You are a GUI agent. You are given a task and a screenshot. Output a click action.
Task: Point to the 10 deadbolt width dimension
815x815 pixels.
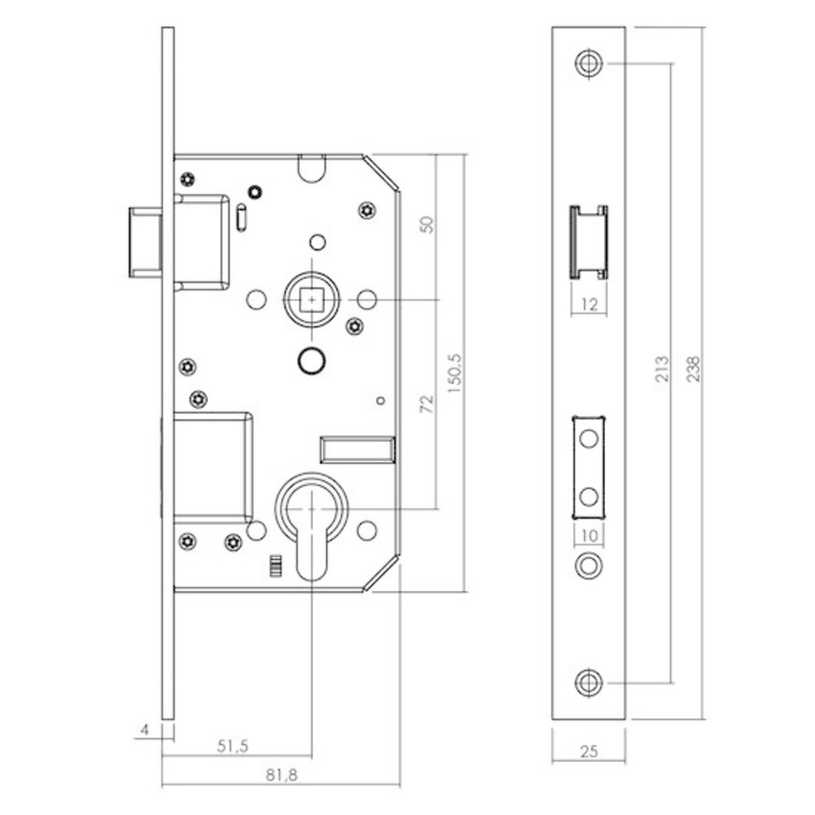[588, 535]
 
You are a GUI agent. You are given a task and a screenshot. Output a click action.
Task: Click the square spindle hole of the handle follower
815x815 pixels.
[312, 301]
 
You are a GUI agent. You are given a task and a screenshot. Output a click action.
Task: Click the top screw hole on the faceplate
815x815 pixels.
[588, 63]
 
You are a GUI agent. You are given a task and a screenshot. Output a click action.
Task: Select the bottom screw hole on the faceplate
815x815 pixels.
[588, 683]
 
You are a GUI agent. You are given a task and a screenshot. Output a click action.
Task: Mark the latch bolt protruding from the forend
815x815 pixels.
[144, 242]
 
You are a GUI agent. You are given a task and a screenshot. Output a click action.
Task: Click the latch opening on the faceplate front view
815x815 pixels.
[588, 241]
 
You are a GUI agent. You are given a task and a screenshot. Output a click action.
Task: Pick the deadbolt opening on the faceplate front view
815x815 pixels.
[588, 466]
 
